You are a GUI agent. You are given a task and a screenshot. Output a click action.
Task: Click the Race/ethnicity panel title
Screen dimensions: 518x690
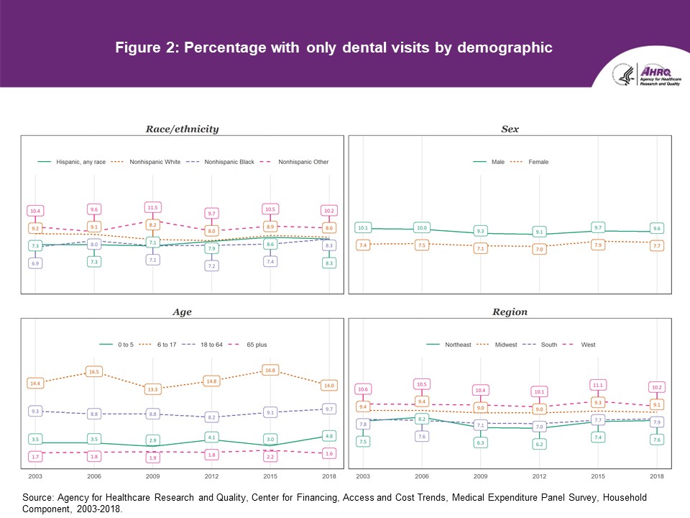click(x=182, y=129)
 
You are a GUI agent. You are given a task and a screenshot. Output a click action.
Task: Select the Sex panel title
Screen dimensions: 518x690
click(x=510, y=129)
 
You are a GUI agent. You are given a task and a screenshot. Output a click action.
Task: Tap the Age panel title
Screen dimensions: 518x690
click(x=182, y=312)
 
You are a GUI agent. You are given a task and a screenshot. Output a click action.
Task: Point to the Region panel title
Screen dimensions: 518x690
click(x=510, y=312)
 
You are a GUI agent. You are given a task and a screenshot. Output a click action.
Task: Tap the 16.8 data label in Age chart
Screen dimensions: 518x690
click(x=270, y=371)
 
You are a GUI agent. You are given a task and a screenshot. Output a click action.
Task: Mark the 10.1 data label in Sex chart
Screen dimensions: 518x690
click(x=363, y=228)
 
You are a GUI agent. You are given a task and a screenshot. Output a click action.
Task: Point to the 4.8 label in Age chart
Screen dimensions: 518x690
click(x=329, y=436)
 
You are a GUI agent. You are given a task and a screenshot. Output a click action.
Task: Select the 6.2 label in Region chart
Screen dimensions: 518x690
click(x=539, y=445)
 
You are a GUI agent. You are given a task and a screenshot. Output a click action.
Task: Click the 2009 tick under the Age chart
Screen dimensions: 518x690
click(x=152, y=477)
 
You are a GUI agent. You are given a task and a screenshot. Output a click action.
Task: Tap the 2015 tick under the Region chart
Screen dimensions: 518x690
click(x=598, y=477)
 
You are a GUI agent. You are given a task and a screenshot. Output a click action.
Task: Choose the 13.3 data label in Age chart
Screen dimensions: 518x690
click(x=152, y=389)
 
